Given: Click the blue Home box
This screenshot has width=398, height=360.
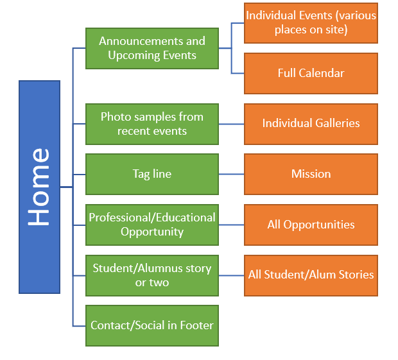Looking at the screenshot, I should (x=39, y=187).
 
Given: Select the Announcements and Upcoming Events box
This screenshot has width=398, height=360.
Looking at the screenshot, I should (x=152, y=48).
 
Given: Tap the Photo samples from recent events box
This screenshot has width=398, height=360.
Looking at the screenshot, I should (x=152, y=124).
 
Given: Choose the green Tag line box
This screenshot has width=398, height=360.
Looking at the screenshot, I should (x=152, y=174).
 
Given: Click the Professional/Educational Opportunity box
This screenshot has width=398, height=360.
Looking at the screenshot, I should (x=152, y=225).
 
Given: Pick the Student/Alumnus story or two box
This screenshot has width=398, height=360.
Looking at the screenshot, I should (x=152, y=275).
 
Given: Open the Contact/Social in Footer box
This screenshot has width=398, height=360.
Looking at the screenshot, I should (x=152, y=325).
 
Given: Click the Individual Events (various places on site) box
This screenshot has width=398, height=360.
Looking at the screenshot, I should (x=311, y=22).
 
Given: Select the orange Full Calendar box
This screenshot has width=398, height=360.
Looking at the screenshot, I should (x=311, y=73).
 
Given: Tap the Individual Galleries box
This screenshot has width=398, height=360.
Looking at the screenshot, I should (x=311, y=123).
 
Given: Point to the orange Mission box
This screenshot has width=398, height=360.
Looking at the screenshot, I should (x=311, y=174).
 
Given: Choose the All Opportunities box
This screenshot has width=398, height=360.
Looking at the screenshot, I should (x=311, y=225).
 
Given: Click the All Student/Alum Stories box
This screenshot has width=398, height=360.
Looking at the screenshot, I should (x=311, y=275).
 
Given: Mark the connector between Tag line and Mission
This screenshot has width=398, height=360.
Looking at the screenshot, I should (x=231, y=174).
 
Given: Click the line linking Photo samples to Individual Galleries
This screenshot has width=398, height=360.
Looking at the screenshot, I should (x=231, y=123).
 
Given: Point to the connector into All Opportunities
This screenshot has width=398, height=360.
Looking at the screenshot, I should (x=231, y=225).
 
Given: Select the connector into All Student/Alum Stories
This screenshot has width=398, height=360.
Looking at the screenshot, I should (x=231, y=275).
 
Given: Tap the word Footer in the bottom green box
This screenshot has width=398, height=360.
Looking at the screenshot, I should (x=196, y=325).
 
